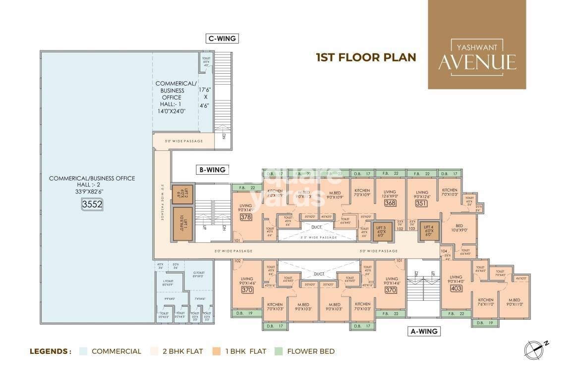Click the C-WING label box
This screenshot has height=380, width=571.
[222, 38]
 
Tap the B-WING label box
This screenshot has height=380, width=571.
[212, 170]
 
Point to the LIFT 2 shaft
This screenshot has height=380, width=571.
[181, 193]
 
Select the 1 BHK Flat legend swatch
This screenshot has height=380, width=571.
[217, 351]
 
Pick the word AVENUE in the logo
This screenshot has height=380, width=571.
[477, 63]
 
